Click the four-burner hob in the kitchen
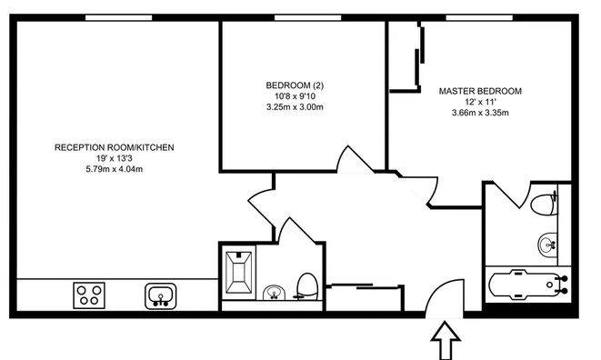(x=89, y=295)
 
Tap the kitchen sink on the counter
(x=161, y=295)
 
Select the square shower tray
(x=241, y=271)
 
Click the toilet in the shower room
(x=307, y=285)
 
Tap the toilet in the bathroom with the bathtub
(x=545, y=203)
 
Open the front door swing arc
(x=446, y=295)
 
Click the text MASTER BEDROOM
(x=480, y=91)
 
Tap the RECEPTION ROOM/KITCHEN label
(x=114, y=147)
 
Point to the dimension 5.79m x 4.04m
(x=114, y=169)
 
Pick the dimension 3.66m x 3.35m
(x=480, y=113)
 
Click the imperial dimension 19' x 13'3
(x=114, y=158)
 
